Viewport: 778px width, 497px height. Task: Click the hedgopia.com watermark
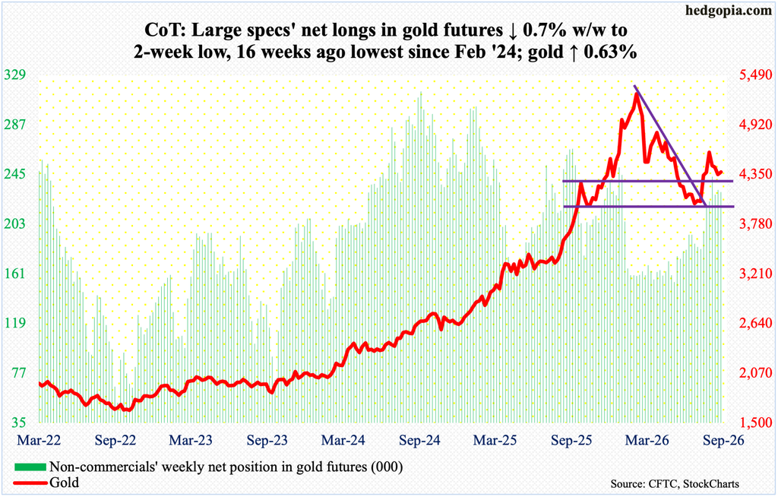pos(732,11)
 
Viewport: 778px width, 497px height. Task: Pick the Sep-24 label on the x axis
pos(419,440)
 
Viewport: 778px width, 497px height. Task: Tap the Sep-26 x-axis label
pos(724,440)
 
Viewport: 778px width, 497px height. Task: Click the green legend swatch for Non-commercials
pos(30,467)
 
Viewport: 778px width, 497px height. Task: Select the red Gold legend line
pos(30,482)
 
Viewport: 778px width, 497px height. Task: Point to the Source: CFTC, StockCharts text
pos(675,483)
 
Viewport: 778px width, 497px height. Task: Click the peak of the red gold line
pos(636,93)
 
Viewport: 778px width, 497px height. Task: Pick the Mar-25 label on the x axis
pos(495,440)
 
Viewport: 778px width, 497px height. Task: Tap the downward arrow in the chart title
pos(511,31)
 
